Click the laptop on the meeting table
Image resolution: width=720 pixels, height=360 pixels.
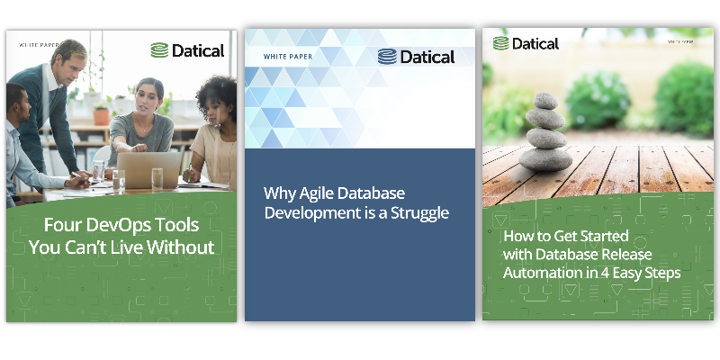pyautogui.click(x=148, y=168)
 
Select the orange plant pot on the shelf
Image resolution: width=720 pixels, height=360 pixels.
pyautogui.click(x=102, y=115)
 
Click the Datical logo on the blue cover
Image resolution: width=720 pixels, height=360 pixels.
pyautogui.click(x=416, y=57)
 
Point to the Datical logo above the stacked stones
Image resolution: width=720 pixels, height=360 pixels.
pyautogui.click(x=526, y=43)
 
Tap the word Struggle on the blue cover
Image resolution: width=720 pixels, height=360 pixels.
pyautogui.click(x=418, y=214)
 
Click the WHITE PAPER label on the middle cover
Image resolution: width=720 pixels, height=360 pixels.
pyautogui.click(x=285, y=57)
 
